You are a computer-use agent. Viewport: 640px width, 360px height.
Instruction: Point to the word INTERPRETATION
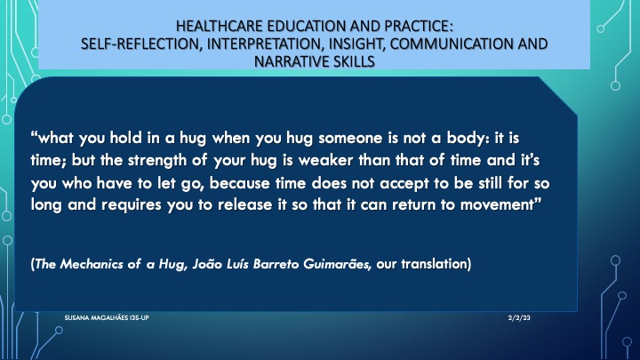(265, 44)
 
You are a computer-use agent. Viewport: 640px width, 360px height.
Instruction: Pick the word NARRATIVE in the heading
(290, 61)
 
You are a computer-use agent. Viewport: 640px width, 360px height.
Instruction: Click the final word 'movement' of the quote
(497, 204)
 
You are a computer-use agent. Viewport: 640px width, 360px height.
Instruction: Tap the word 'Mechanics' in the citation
(92, 264)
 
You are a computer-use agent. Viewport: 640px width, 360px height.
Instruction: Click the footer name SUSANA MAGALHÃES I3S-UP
(107, 317)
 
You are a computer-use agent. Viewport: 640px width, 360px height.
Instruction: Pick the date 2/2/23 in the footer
(519, 317)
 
